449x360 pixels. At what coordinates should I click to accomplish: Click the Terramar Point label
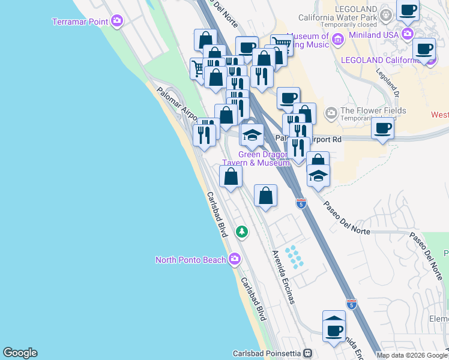click(x=80, y=22)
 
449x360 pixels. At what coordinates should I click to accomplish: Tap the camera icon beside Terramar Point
click(x=117, y=22)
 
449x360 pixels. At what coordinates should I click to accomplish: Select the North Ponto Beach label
click(x=190, y=260)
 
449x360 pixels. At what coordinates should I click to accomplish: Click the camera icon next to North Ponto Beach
click(x=235, y=260)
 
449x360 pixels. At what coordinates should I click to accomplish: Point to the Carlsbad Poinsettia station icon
click(x=308, y=353)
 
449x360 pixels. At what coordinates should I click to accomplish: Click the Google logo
click(x=20, y=353)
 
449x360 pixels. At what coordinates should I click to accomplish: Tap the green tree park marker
click(x=241, y=231)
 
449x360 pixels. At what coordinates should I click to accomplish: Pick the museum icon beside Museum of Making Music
click(x=337, y=40)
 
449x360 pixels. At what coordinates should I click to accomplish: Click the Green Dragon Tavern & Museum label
click(x=256, y=158)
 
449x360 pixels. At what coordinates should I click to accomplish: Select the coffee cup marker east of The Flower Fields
click(x=382, y=127)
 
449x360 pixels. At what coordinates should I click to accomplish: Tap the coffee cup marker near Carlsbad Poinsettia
click(x=334, y=329)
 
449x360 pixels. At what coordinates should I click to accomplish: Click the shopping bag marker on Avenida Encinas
click(x=265, y=196)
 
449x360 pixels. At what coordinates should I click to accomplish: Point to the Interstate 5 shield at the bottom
click(x=351, y=304)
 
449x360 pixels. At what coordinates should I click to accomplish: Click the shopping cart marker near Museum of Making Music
click(x=281, y=44)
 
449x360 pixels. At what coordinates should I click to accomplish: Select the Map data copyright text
click(x=412, y=355)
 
